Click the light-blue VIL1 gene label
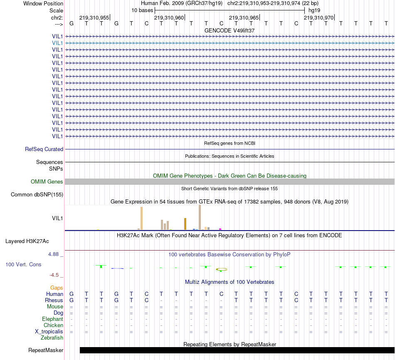click(x=57, y=43)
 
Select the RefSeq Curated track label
click(x=44, y=149)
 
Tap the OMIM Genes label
click(x=47, y=181)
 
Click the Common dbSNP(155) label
click(x=37, y=194)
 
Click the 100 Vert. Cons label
click(x=23, y=264)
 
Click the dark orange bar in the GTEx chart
click(x=185, y=223)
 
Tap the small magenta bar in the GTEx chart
click(x=220, y=228)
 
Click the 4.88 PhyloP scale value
click(x=56, y=254)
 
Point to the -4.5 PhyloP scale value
click(x=56, y=275)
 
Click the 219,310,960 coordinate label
click(x=169, y=18)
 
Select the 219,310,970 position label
click(x=318, y=18)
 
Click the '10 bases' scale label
click(x=142, y=10)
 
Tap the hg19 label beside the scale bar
click(x=314, y=10)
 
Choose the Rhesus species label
click(x=54, y=300)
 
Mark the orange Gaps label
click(x=57, y=288)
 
